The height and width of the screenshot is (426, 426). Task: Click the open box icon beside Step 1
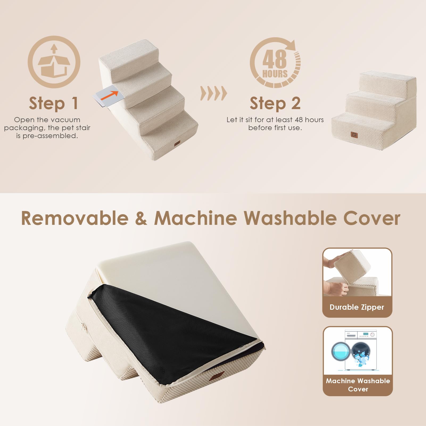click(54, 62)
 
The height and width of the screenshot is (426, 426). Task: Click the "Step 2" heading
click(275, 103)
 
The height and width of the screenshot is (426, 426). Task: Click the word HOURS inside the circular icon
click(275, 74)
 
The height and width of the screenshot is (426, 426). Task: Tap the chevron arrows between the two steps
click(213, 93)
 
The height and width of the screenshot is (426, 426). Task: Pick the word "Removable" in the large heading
click(75, 218)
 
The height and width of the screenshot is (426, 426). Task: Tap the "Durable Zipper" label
click(357, 307)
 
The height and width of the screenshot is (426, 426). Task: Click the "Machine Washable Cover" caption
click(358, 385)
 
